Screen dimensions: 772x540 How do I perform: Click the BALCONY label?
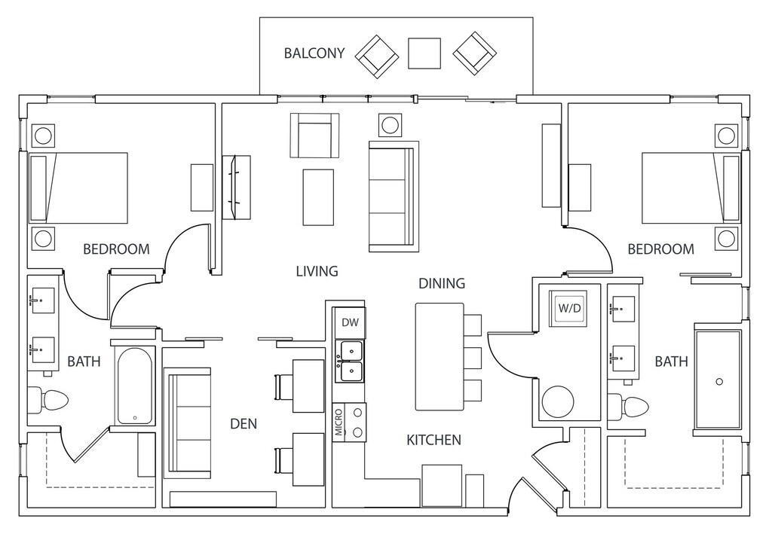314,53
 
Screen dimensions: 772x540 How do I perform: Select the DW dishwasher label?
349,322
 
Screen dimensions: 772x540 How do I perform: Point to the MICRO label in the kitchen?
339,423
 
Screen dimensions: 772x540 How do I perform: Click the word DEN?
244,424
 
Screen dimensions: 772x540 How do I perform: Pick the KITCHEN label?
433,440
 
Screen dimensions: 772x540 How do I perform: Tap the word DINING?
442,284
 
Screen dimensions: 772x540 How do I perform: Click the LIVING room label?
317,271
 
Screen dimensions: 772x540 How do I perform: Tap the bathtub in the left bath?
135,386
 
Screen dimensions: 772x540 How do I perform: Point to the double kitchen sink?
350,361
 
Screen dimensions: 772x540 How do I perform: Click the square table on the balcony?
424,53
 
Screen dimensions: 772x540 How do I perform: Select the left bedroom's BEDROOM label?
116,249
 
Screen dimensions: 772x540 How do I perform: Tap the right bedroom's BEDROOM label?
660,249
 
